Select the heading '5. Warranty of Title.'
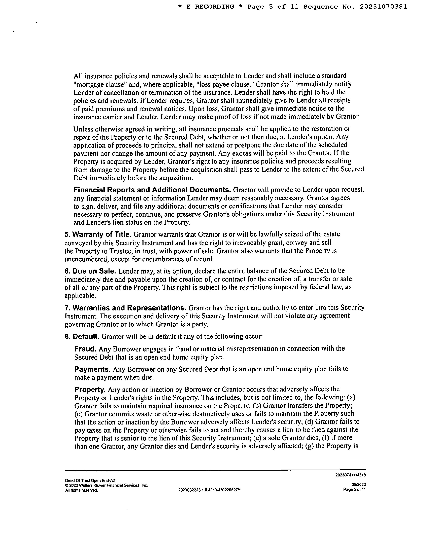[x=98, y=234]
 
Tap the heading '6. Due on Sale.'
[x=90, y=271]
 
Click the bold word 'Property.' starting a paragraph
[x=90, y=389]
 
